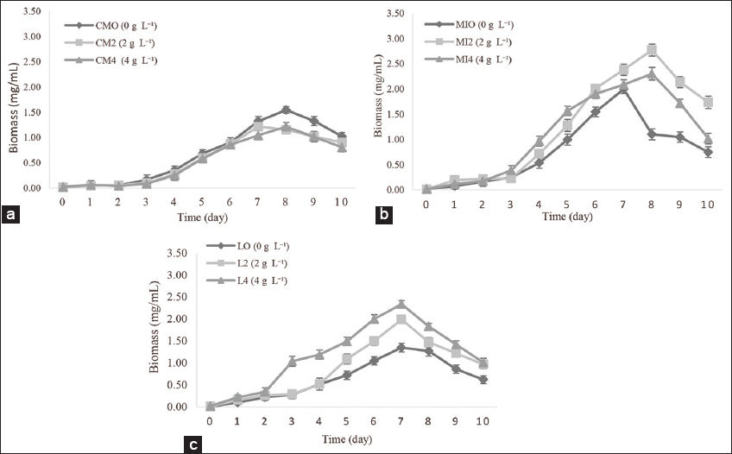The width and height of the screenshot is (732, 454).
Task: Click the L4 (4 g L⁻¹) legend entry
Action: (x=256, y=281)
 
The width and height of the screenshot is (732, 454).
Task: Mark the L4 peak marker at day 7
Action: (x=401, y=304)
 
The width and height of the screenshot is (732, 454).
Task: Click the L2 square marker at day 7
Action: (x=401, y=319)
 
